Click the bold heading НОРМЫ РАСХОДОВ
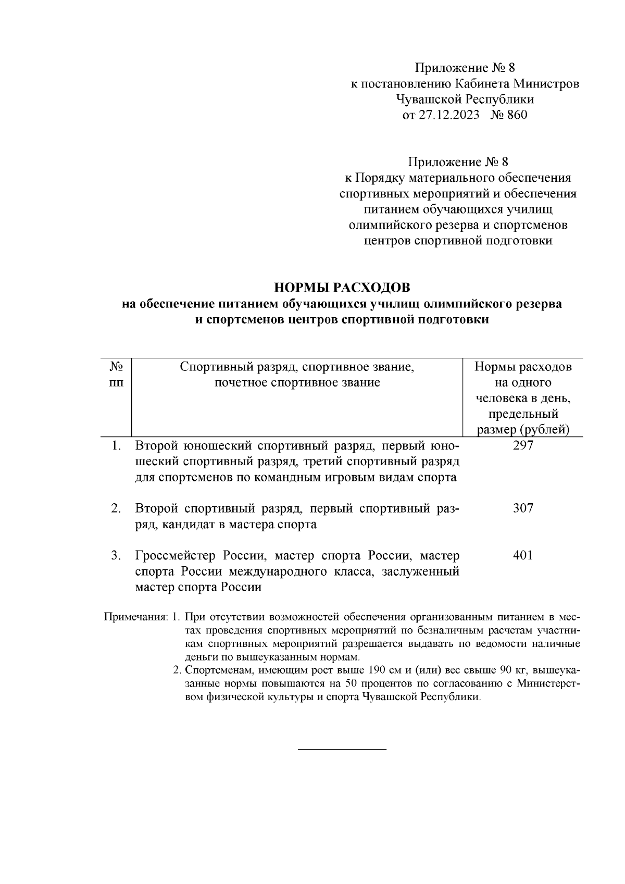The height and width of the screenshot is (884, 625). coord(342,288)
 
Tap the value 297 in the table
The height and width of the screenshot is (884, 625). coord(523,446)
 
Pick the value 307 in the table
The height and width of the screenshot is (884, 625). coord(523,508)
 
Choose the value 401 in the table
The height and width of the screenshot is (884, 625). coord(523,556)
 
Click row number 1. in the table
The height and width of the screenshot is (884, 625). coord(117,446)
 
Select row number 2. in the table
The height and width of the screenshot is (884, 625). coord(116,509)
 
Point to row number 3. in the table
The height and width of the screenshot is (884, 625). coord(116,556)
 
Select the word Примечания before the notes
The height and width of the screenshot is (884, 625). coord(135,618)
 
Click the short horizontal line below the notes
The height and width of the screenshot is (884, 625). coord(342,749)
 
